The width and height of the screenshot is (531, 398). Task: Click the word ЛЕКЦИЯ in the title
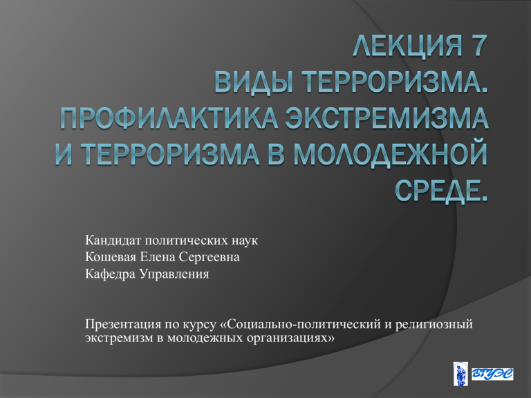tap(407, 45)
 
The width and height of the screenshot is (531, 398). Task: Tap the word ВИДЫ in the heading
tap(254, 82)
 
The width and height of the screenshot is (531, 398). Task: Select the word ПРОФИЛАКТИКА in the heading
tap(169, 118)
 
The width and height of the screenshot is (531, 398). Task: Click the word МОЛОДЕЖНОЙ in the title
tap(390, 155)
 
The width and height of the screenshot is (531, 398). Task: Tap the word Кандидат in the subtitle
tap(113, 240)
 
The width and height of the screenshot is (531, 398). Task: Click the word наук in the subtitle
tap(245, 241)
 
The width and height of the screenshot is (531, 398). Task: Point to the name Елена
tap(158, 257)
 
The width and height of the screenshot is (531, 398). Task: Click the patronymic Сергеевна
tap(209, 258)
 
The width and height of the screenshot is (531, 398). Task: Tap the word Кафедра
tap(111, 274)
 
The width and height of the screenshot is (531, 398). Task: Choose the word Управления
tap(174, 274)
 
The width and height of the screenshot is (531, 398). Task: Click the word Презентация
tap(123, 325)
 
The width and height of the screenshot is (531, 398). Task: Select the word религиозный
tap(434, 325)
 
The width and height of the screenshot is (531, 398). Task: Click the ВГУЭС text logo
tap(492, 375)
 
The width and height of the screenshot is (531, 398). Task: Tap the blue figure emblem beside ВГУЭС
tap(461, 374)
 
